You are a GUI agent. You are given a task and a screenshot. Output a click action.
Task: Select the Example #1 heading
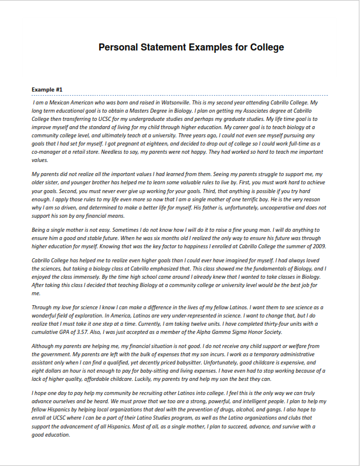tap(47, 89)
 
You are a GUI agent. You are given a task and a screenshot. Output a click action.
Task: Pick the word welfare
tap(293, 346)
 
